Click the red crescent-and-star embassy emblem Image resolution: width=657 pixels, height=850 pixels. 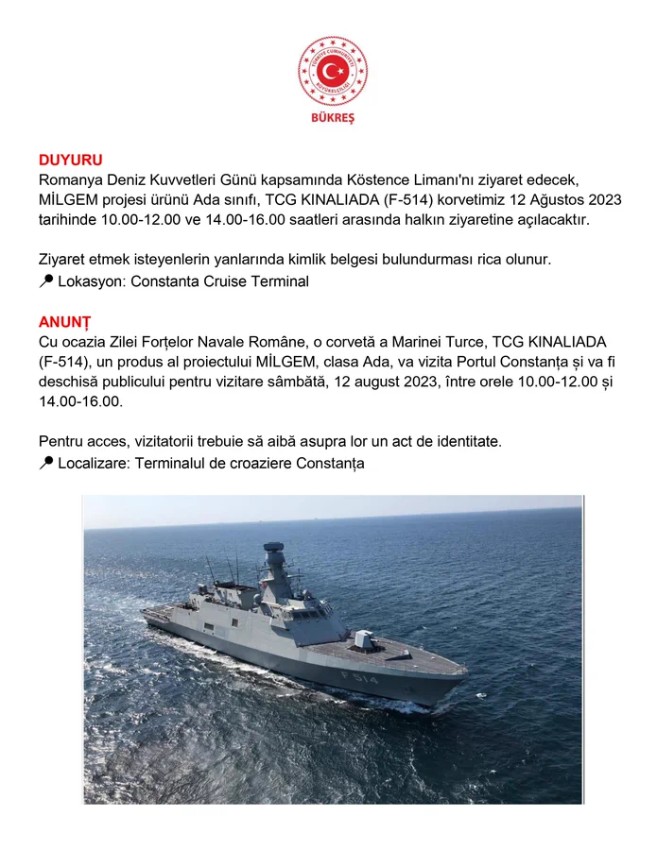click(x=333, y=72)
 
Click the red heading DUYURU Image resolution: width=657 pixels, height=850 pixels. click(x=71, y=160)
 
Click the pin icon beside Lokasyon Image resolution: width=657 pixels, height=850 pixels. click(x=46, y=280)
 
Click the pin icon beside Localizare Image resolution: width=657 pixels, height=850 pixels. click(x=46, y=463)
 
